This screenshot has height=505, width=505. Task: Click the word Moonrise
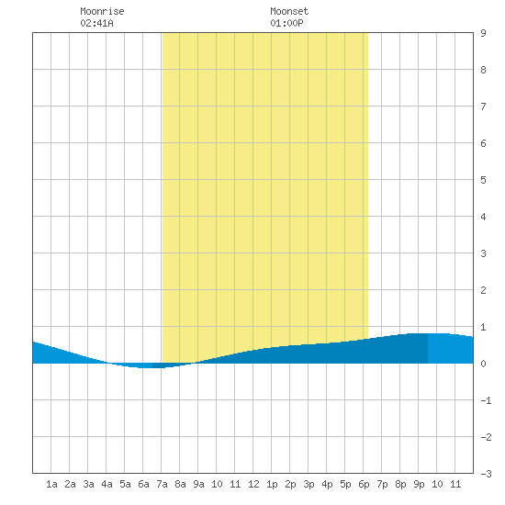click(102, 11)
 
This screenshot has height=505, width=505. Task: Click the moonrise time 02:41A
click(96, 23)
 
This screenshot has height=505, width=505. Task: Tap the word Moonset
click(289, 11)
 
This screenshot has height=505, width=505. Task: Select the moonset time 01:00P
click(286, 23)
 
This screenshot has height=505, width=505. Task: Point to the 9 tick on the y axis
click(483, 33)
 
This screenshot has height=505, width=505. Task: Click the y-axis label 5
click(483, 180)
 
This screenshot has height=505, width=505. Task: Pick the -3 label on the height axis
click(486, 474)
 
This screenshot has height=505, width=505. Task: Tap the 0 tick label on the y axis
click(483, 364)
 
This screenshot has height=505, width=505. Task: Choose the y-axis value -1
click(486, 400)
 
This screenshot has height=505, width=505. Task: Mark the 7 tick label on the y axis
click(483, 107)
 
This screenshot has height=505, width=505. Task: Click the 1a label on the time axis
click(51, 484)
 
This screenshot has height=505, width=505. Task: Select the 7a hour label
click(162, 484)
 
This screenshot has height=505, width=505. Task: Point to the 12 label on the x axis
click(253, 484)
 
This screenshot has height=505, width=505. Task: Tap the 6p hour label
click(364, 484)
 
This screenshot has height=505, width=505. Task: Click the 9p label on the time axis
click(419, 484)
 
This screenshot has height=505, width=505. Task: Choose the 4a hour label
click(107, 484)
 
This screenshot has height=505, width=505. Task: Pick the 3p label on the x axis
click(309, 484)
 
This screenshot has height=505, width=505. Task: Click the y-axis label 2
click(483, 290)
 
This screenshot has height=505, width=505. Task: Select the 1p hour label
click(272, 484)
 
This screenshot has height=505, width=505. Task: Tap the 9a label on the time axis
click(198, 484)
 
